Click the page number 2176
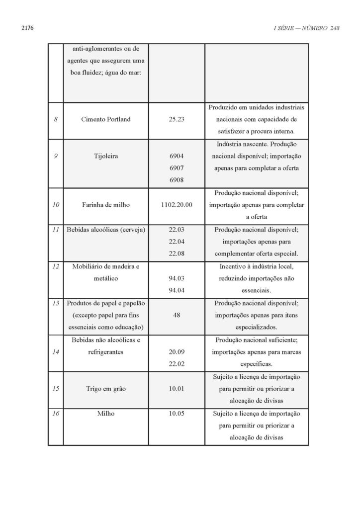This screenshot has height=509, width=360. (27, 28)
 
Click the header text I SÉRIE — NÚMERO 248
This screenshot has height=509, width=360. (306, 28)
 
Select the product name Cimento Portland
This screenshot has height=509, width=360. (105, 120)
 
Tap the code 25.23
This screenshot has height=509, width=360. (177, 120)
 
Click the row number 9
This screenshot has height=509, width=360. (56, 155)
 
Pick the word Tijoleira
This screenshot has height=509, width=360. (105, 155)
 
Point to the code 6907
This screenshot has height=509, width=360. (177, 168)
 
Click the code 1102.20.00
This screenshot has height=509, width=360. (177, 205)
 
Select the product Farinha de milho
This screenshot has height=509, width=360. (105, 205)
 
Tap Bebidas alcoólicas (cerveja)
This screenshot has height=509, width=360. (105, 230)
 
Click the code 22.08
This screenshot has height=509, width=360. (177, 254)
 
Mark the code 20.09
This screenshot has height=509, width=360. (177, 352)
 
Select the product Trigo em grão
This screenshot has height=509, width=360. (105, 389)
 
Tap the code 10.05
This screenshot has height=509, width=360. (177, 413)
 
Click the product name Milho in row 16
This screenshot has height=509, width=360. (105, 413)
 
